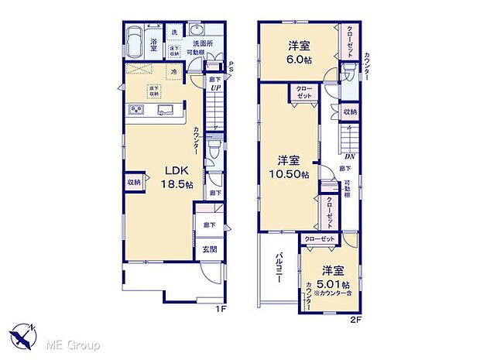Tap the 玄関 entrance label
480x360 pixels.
point(210,249)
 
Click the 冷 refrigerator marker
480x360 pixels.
point(174,72)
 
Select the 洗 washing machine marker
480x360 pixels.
point(175,32)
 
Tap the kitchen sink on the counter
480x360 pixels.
point(166,111)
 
